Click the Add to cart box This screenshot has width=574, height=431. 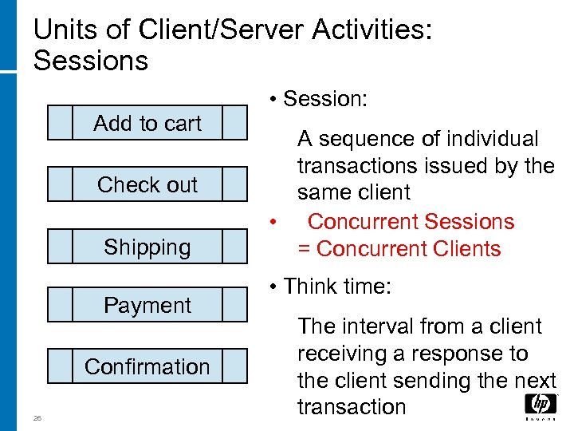(x=147, y=124)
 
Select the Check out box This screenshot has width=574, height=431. (x=147, y=184)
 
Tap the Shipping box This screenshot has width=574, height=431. (x=147, y=247)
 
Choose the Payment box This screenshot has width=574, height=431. (x=147, y=305)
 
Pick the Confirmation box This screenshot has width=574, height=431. (x=147, y=366)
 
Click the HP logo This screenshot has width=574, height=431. (x=541, y=405)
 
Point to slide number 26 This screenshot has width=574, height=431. (x=37, y=417)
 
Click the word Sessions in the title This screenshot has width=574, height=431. (x=91, y=61)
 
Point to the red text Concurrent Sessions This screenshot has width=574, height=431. (x=411, y=222)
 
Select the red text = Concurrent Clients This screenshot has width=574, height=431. (x=399, y=249)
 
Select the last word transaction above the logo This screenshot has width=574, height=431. (x=352, y=407)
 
